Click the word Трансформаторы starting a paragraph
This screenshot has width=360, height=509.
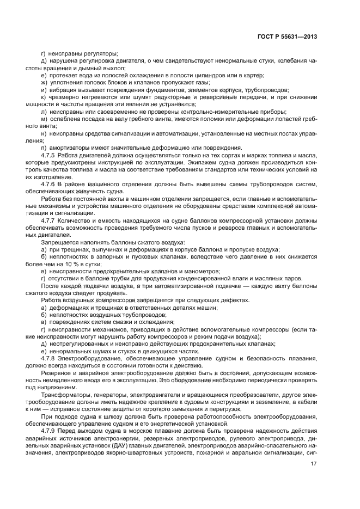point(66,394)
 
